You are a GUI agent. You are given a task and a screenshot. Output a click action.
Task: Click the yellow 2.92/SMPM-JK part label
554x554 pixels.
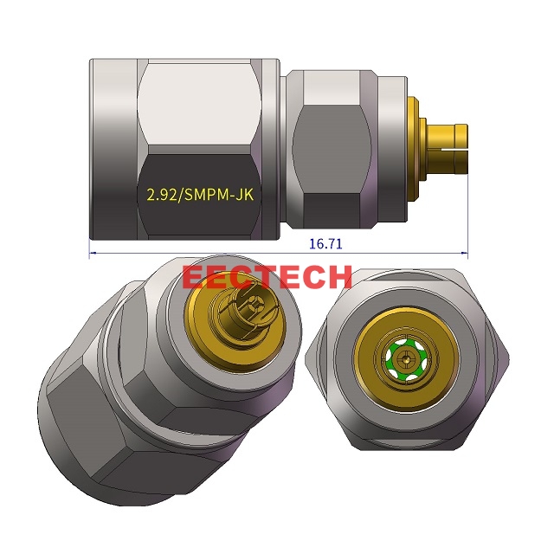click(x=199, y=196)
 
